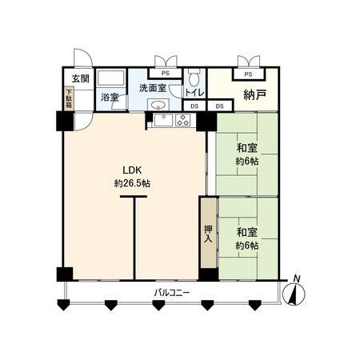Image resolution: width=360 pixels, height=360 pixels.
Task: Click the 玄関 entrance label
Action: point(80,78)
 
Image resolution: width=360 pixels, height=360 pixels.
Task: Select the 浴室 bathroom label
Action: point(109,98)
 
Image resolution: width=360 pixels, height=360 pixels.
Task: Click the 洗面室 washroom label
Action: point(151,87)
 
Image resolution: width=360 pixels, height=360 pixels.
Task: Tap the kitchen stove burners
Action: point(182,121)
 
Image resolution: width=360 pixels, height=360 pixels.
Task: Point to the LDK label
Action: point(132,170)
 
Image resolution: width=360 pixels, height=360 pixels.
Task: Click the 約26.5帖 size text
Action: point(132,183)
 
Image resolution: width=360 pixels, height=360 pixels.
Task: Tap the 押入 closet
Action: point(208,233)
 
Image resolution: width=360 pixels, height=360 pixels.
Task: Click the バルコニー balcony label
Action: point(172,293)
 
